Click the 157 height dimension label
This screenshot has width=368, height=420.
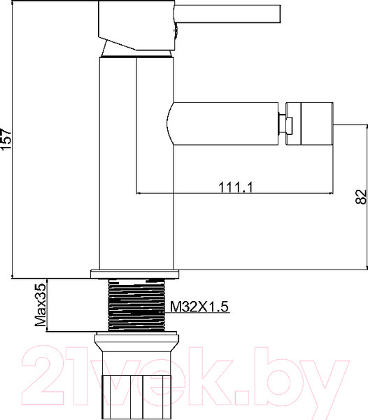click(7, 141)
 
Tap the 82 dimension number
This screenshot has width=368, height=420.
click(360, 197)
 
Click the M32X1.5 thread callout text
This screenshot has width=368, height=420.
click(201, 306)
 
